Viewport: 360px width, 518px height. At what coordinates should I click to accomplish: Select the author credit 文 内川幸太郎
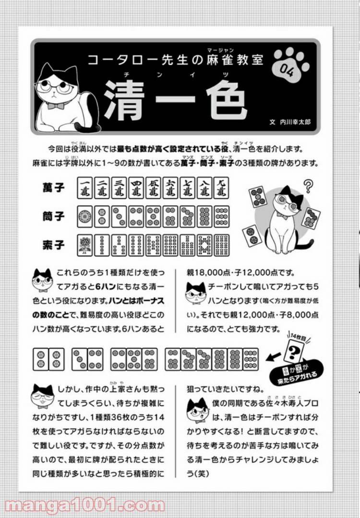pyautogui.click(x=290, y=122)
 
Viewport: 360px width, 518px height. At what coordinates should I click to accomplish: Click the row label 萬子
pyautogui.click(x=53, y=188)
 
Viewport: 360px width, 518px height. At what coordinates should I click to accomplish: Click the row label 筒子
pyautogui.click(x=53, y=217)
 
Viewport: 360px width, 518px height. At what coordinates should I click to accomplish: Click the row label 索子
pyautogui.click(x=53, y=245)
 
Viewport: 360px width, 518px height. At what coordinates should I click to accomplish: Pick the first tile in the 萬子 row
pyautogui.click(x=84, y=188)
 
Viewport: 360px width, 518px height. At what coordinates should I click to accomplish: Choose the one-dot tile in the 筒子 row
pyautogui.click(x=84, y=217)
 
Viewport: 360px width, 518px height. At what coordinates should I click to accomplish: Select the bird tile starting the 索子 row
pyautogui.click(x=84, y=246)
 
